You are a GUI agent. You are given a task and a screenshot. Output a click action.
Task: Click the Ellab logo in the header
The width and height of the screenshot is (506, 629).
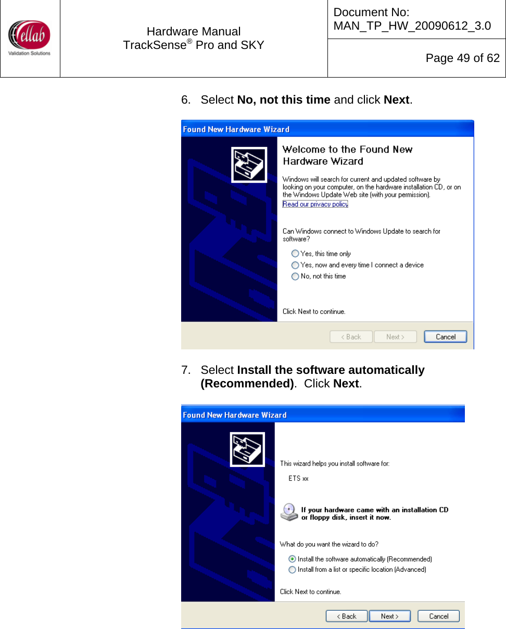[x=29, y=37]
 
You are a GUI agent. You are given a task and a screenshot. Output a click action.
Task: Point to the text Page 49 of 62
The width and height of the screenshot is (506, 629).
[x=462, y=58]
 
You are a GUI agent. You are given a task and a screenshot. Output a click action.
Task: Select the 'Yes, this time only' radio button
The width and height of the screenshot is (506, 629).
[x=295, y=254]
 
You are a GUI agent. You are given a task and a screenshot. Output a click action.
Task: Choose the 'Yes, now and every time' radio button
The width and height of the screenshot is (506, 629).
[x=295, y=265]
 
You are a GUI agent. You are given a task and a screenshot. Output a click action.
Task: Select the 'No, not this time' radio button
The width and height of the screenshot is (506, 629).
[x=295, y=276]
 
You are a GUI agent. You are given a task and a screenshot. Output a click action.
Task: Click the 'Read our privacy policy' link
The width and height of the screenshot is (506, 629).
[x=315, y=204]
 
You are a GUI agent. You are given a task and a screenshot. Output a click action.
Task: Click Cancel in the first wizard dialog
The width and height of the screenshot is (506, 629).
[x=445, y=337]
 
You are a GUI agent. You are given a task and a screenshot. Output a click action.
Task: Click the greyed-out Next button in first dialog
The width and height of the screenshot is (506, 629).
[x=395, y=337]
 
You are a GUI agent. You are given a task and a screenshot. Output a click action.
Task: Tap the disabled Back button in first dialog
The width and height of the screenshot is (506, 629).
[x=351, y=337]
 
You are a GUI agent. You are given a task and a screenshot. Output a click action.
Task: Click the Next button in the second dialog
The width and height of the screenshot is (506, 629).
[x=389, y=616]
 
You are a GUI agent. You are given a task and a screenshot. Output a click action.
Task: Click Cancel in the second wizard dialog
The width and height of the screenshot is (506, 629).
[x=438, y=616]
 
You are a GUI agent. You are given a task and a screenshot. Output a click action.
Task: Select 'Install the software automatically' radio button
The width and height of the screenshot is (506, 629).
[x=292, y=559]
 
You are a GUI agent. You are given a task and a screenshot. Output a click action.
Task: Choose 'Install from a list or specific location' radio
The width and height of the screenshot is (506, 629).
[x=292, y=570]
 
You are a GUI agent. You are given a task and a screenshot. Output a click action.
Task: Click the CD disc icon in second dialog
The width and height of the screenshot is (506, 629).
[x=289, y=512]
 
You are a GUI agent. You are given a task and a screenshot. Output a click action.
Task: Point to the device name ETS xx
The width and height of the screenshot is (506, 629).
[x=298, y=478]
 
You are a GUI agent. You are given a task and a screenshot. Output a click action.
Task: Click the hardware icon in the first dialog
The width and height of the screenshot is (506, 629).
[x=249, y=165]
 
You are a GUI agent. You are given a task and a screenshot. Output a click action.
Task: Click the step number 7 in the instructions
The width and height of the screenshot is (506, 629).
[x=185, y=370]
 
